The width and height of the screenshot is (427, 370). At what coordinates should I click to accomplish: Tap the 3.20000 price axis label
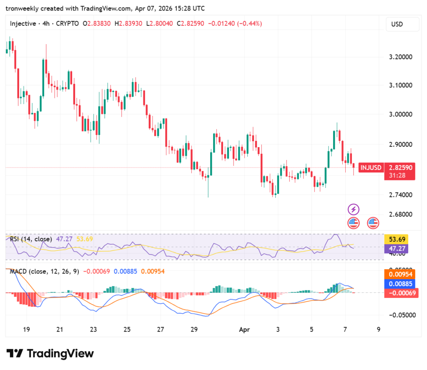[400, 57]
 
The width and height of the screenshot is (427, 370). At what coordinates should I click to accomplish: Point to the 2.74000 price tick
[400, 195]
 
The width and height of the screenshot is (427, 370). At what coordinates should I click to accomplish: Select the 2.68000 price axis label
[400, 215]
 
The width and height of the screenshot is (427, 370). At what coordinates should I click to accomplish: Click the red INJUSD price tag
[371, 167]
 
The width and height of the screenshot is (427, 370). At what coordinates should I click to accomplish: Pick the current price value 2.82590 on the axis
[400, 167]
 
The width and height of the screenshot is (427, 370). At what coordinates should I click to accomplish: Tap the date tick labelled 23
[93, 329]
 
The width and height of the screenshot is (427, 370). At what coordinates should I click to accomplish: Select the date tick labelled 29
[194, 329]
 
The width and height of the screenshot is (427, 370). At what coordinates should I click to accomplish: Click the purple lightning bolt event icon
[354, 209]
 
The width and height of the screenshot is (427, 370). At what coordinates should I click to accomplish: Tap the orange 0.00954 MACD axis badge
[400, 274]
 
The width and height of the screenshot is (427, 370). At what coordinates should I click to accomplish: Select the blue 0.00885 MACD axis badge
[400, 283]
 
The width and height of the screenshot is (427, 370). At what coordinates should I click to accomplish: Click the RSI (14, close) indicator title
[31, 239]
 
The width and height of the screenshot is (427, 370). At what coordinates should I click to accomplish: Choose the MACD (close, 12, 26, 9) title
[45, 272]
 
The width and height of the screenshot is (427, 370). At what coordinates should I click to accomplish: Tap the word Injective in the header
[23, 24]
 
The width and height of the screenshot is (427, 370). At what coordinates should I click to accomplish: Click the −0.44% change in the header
[249, 24]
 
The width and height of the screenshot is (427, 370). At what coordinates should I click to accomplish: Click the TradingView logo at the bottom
[50, 354]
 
